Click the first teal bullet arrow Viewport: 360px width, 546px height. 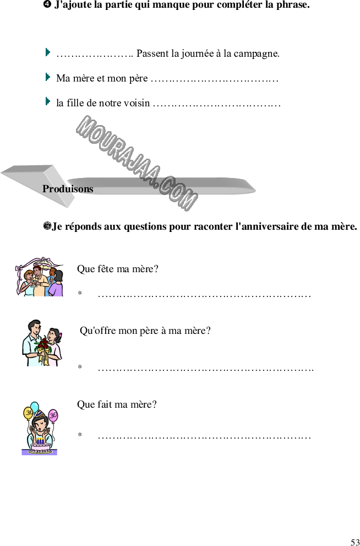48,52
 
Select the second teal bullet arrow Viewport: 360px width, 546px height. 48,77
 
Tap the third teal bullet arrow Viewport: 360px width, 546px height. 48,101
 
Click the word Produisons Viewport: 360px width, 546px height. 68,189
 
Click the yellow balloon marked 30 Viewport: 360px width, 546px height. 28,413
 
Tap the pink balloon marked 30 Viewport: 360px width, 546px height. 53,415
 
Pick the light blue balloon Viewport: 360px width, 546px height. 35,407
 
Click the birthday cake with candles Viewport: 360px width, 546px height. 39,446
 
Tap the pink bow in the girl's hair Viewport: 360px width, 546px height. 61,334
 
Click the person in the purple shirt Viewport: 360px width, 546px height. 56,284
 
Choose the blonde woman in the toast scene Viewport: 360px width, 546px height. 27,282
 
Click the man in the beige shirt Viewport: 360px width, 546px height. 39,282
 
